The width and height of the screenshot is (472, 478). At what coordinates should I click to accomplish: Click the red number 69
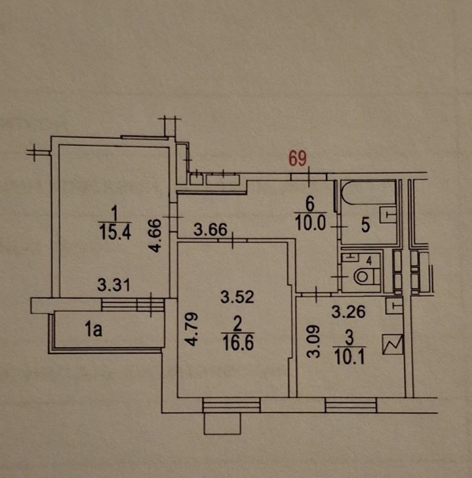click(x=298, y=158)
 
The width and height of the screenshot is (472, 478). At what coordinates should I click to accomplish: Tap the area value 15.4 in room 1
click(x=115, y=233)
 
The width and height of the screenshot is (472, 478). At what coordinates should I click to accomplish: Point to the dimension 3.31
click(x=114, y=285)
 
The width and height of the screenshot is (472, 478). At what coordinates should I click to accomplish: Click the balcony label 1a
click(x=93, y=330)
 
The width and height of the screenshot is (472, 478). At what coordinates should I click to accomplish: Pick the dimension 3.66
click(x=210, y=230)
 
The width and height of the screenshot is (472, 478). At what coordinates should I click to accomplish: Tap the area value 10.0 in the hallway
click(x=311, y=223)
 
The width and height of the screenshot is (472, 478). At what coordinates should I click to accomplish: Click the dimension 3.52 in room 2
click(x=237, y=297)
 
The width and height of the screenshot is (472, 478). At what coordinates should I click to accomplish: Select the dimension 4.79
click(x=192, y=329)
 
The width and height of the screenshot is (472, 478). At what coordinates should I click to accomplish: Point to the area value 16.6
click(x=238, y=343)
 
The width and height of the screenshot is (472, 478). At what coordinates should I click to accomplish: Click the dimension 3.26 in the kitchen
click(x=349, y=312)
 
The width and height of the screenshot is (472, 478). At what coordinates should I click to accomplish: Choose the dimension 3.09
click(x=313, y=340)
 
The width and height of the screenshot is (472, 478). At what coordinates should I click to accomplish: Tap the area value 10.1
click(x=349, y=358)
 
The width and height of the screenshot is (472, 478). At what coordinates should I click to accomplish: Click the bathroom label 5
click(x=366, y=225)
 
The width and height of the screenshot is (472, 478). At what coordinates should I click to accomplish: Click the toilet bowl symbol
click(x=365, y=276)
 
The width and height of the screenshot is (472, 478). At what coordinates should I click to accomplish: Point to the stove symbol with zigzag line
click(x=393, y=344)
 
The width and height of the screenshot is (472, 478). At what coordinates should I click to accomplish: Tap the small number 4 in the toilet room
click(x=369, y=261)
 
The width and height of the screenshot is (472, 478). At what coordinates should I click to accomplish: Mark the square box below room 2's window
click(x=222, y=424)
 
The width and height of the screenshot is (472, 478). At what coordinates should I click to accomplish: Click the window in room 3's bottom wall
click(x=351, y=405)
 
